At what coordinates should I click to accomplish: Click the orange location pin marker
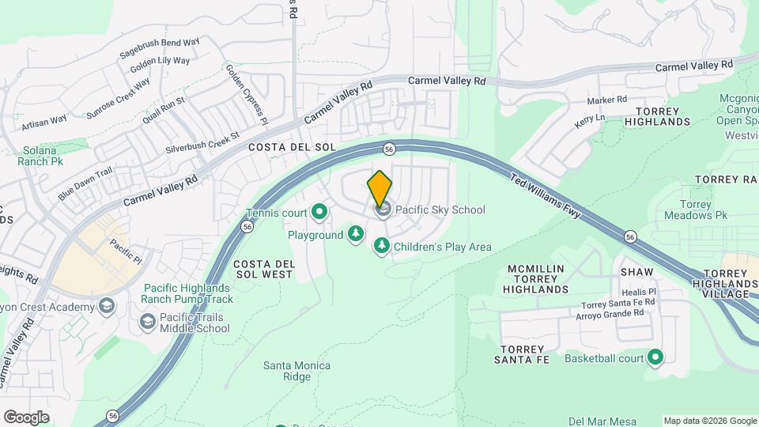[379, 188]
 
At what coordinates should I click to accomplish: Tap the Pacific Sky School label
[440, 210]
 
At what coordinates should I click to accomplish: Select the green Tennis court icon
[319, 211]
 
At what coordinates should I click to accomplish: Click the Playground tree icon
[356, 233]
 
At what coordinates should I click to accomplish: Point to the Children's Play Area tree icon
[382, 246]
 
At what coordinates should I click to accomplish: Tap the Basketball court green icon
[655, 358]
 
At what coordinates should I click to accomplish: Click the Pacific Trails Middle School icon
[147, 322]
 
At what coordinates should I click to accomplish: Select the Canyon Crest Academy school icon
[107, 306]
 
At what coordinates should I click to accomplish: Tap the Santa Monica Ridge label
[296, 371]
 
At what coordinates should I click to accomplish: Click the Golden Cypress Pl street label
[246, 93]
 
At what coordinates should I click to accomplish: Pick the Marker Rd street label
[606, 100]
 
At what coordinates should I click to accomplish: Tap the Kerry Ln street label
[589, 119]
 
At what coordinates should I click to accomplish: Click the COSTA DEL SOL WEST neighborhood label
[263, 269]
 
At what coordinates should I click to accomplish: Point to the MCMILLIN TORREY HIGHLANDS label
[536, 279]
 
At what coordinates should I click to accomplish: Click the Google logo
[26, 418]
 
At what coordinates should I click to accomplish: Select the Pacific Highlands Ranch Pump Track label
[187, 293]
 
